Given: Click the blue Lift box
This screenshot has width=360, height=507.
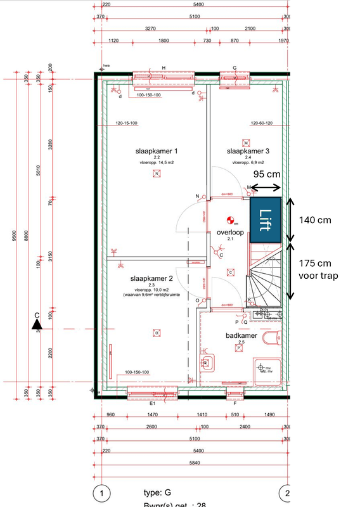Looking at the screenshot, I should (266, 220).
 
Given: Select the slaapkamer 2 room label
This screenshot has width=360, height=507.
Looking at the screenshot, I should (151, 279).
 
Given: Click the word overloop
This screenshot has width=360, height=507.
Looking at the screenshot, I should (230, 233).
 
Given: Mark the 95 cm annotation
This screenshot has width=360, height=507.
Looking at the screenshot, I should (267, 172).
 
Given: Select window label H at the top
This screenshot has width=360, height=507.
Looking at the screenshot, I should (163, 68).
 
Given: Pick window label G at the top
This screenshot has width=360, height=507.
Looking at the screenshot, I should (234, 68).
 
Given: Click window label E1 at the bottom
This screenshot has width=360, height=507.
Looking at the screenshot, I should (152, 403).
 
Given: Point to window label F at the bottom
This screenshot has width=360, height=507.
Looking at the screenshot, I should (235, 403).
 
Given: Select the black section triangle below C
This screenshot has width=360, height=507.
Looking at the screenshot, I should (37, 325).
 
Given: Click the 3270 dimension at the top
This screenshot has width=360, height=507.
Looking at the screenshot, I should (151, 29).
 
